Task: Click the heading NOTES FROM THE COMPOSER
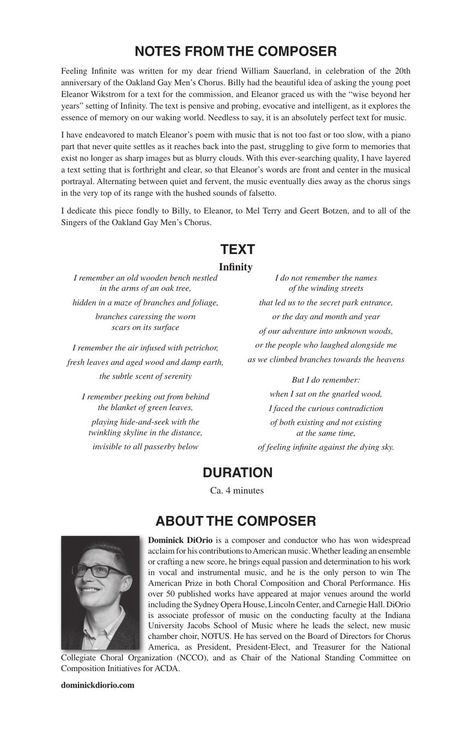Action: (x=235, y=51)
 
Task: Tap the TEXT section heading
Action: (x=237, y=249)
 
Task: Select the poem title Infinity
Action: (x=235, y=267)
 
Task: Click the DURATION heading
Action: (x=237, y=473)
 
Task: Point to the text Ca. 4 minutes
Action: (x=237, y=490)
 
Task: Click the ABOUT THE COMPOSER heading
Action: (x=235, y=521)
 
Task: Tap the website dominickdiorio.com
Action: (x=97, y=685)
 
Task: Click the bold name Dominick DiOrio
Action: (x=180, y=540)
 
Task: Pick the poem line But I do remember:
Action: (x=326, y=380)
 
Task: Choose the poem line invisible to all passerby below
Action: (x=145, y=447)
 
